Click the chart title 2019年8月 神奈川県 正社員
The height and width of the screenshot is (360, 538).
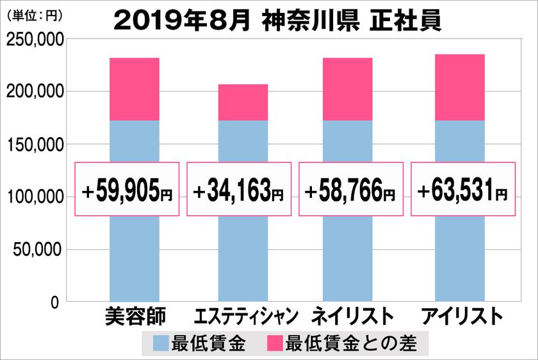coord(277,21)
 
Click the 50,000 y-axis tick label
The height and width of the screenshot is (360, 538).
coord(38,249)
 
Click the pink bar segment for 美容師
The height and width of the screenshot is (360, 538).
coord(134,89)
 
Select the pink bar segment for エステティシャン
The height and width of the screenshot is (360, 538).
coord(243,102)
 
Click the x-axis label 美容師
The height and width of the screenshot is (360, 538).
coord(134,316)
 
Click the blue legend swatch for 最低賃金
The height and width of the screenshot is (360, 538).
coord(161,343)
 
